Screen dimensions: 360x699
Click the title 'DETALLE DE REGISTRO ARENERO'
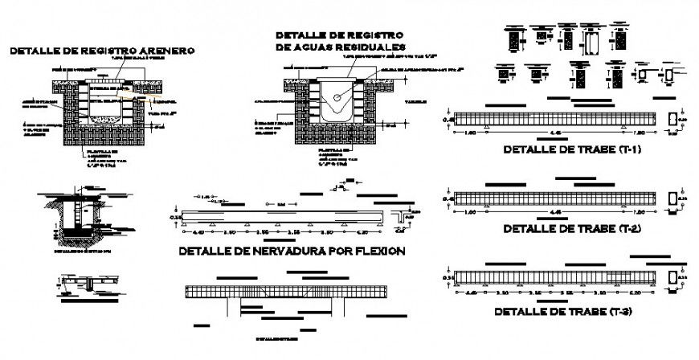pyautogui.click(x=101, y=51)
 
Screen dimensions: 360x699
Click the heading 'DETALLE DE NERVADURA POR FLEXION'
pyautogui.click(x=292, y=252)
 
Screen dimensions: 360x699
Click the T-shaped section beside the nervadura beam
pyautogui.click(x=400, y=217)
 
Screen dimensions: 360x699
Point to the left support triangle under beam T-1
pyautogui.click(x=488, y=127)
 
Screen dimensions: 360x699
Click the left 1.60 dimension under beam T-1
pyautogui.click(x=470, y=131)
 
